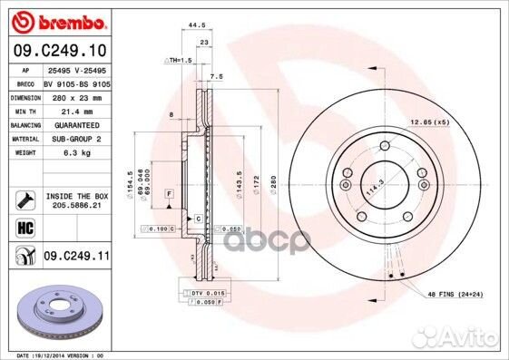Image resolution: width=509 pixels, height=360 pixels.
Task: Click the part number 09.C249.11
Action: point(76,258)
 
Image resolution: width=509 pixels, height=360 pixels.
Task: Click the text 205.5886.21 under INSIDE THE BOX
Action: point(76,205)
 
